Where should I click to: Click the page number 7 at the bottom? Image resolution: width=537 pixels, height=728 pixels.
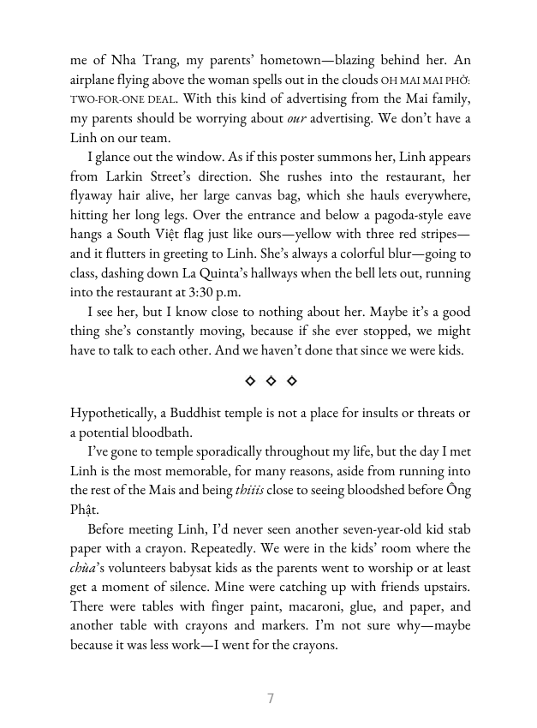(271, 698)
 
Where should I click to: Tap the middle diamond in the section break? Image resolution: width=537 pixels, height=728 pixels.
(271, 379)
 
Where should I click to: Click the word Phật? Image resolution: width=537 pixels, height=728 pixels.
(85, 510)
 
